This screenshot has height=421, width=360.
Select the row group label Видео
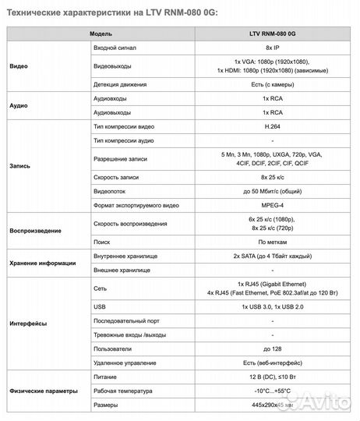[18, 67]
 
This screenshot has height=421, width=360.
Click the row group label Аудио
[18, 105]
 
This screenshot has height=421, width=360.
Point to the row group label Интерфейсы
[27, 323]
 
